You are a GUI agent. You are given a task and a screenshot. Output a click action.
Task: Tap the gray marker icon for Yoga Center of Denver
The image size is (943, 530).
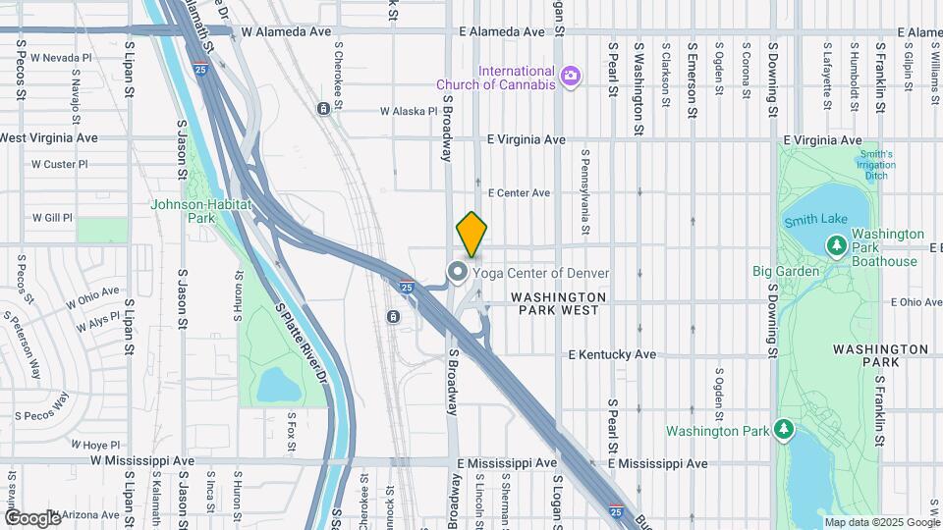[x=458, y=272]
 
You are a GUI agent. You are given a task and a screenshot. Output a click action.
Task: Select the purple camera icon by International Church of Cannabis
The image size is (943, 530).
[x=570, y=76]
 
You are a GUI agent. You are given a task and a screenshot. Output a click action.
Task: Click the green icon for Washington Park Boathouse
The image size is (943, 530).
[x=837, y=244]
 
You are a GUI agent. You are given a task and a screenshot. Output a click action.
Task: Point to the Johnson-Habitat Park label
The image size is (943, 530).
[x=201, y=211]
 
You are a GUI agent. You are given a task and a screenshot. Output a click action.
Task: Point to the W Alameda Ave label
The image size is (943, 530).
[x=286, y=31]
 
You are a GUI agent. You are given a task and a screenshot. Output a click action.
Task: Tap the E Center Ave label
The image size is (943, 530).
[x=519, y=193]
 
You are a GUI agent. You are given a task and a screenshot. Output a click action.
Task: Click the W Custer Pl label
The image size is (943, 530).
[x=59, y=164]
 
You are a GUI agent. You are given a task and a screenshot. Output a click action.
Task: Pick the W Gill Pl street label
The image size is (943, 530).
[x=52, y=217]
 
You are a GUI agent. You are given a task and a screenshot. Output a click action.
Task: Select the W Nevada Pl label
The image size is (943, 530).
[x=60, y=58]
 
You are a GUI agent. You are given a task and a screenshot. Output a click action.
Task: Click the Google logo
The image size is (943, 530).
[x=32, y=517]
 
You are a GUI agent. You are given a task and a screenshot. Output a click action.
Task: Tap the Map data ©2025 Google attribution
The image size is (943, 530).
[x=882, y=522]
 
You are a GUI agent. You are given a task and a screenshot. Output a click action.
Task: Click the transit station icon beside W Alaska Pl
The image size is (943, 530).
[x=323, y=108]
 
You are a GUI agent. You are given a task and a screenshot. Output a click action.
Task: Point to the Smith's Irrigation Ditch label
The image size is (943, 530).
[x=875, y=165]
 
